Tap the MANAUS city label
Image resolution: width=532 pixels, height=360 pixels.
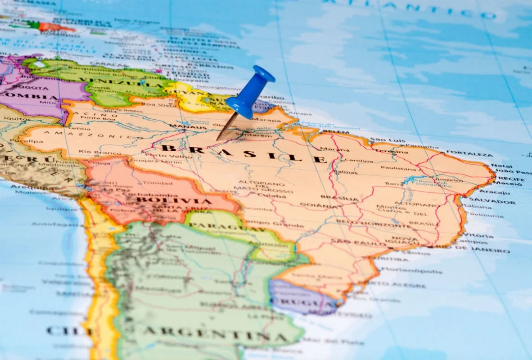(x=182, y=127)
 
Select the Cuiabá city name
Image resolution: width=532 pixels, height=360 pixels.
(x=271, y=196)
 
